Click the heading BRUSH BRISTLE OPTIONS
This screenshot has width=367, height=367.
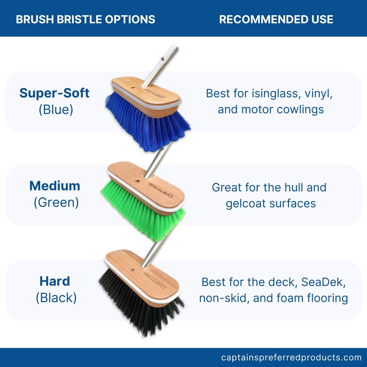pyautogui.click(x=85, y=20)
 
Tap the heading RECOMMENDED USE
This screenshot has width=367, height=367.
pyautogui.click(x=276, y=20)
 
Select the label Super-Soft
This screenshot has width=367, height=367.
pyautogui.click(x=54, y=93)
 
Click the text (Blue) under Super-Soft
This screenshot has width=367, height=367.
pyautogui.click(x=56, y=110)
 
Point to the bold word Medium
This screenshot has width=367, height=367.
pyautogui.click(x=55, y=186)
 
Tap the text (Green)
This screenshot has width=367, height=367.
pyautogui.click(x=56, y=202)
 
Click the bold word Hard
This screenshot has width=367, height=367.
pyautogui.click(x=55, y=281)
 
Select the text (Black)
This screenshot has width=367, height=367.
pyautogui.click(x=56, y=298)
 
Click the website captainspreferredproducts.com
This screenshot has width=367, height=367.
pyautogui.click(x=291, y=357)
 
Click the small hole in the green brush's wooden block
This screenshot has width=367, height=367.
pyautogui.click(x=137, y=182)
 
